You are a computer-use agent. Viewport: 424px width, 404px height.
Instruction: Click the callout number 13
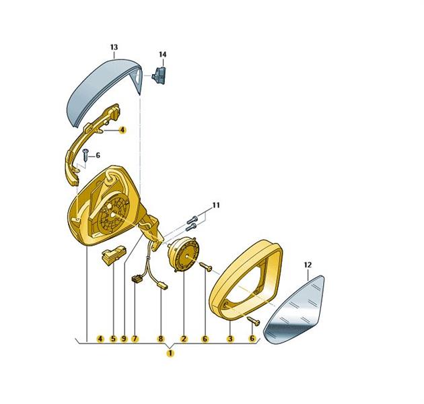pyautogui.click(x=114, y=47)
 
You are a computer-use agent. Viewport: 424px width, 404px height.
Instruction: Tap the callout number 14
pyautogui.click(x=162, y=55)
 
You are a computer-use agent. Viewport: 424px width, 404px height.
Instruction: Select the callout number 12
pyautogui.click(x=308, y=265)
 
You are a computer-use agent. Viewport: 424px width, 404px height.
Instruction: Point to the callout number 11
pyautogui.click(x=216, y=205)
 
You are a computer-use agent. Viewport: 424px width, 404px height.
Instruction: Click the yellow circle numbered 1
pyautogui.click(x=170, y=353)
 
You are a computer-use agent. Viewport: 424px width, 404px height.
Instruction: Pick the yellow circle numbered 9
pyautogui.click(x=124, y=339)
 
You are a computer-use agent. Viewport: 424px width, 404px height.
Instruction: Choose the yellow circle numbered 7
pyautogui.click(x=135, y=339)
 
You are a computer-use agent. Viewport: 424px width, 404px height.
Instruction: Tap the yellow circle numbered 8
pyautogui.click(x=161, y=339)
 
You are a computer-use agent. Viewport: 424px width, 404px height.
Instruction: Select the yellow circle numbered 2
pyautogui.click(x=184, y=339)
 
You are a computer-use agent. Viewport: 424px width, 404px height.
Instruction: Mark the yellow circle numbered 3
pyautogui.click(x=230, y=339)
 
